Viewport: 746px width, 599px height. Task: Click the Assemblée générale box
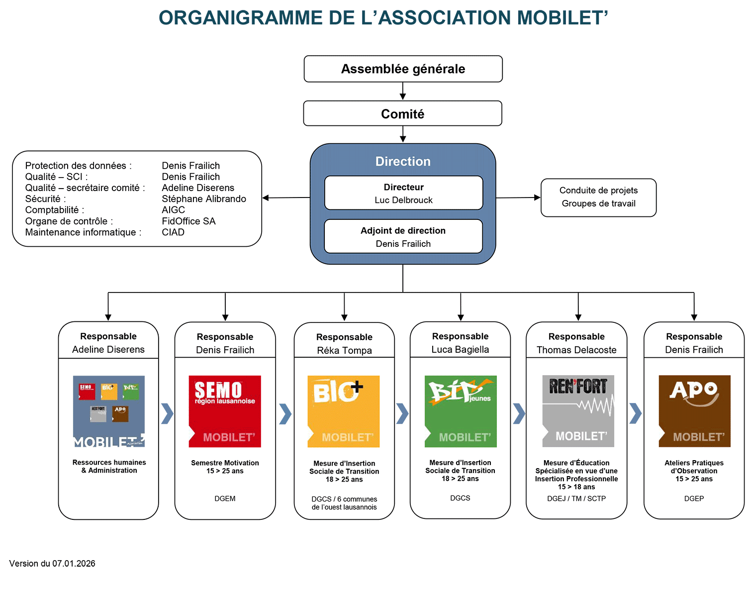403,69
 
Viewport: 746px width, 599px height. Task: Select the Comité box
402,114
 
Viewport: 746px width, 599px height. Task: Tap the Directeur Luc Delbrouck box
403,193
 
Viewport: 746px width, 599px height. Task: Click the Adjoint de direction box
403,236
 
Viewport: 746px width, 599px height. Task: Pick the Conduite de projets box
598,197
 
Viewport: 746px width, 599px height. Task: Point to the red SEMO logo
225,411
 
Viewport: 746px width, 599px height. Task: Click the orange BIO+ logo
344,411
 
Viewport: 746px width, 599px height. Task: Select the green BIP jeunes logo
461,411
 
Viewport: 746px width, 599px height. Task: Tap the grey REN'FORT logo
578,410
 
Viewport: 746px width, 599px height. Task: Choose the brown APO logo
694,411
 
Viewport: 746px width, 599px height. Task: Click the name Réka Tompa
344,350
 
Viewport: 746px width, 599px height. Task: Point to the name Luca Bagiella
460,349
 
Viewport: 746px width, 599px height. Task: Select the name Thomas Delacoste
576,350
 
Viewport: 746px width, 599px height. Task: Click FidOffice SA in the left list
188,221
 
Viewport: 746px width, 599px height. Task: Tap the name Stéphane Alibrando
204,199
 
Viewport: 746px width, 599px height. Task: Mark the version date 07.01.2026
74,563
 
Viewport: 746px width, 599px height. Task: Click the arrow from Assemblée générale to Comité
403,92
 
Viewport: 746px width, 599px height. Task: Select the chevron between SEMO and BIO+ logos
285,413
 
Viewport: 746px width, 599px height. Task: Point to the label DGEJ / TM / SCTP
576,499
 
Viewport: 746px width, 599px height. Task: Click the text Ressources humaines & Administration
109,466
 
